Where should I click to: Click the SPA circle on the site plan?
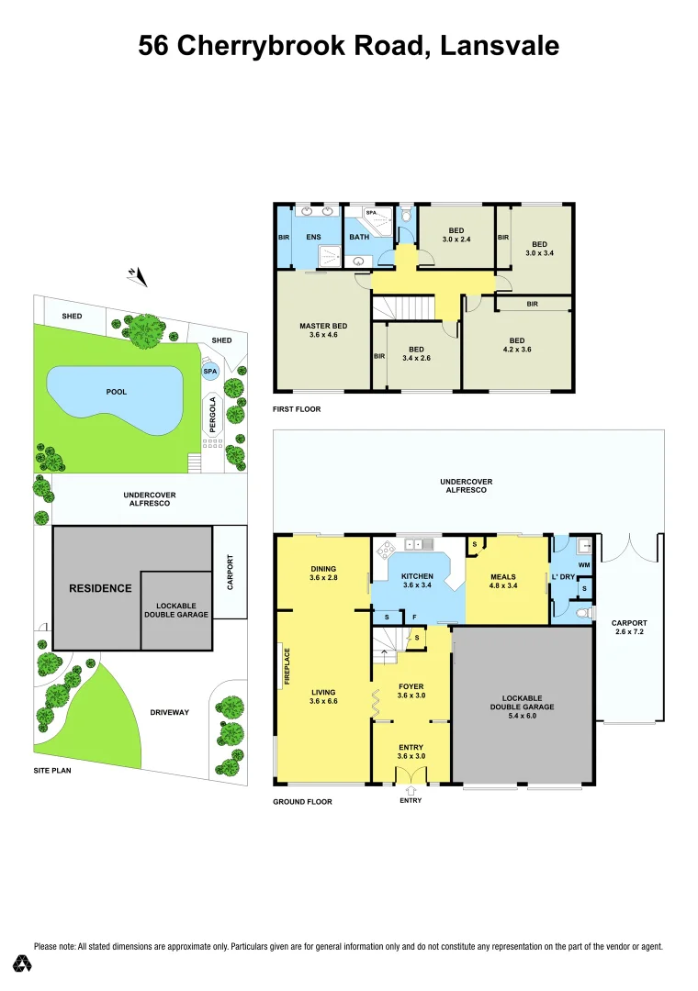pyautogui.click(x=210, y=372)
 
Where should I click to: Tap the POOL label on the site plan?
pyautogui.click(x=116, y=392)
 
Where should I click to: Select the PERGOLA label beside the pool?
pyautogui.click(x=214, y=414)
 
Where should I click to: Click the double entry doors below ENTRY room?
pyautogui.click(x=411, y=776)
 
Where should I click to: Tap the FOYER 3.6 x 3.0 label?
pyautogui.click(x=411, y=691)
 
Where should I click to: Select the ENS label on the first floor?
pyautogui.click(x=313, y=237)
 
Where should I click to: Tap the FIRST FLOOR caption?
pyautogui.click(x=298, y=409)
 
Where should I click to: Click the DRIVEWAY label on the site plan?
pyautogui.click(x=171, y=712)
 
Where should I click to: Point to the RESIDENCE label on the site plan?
pyautogui.click(x=100, y=588)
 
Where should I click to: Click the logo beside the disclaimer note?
pyautogui.click(x=22, y=963)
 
